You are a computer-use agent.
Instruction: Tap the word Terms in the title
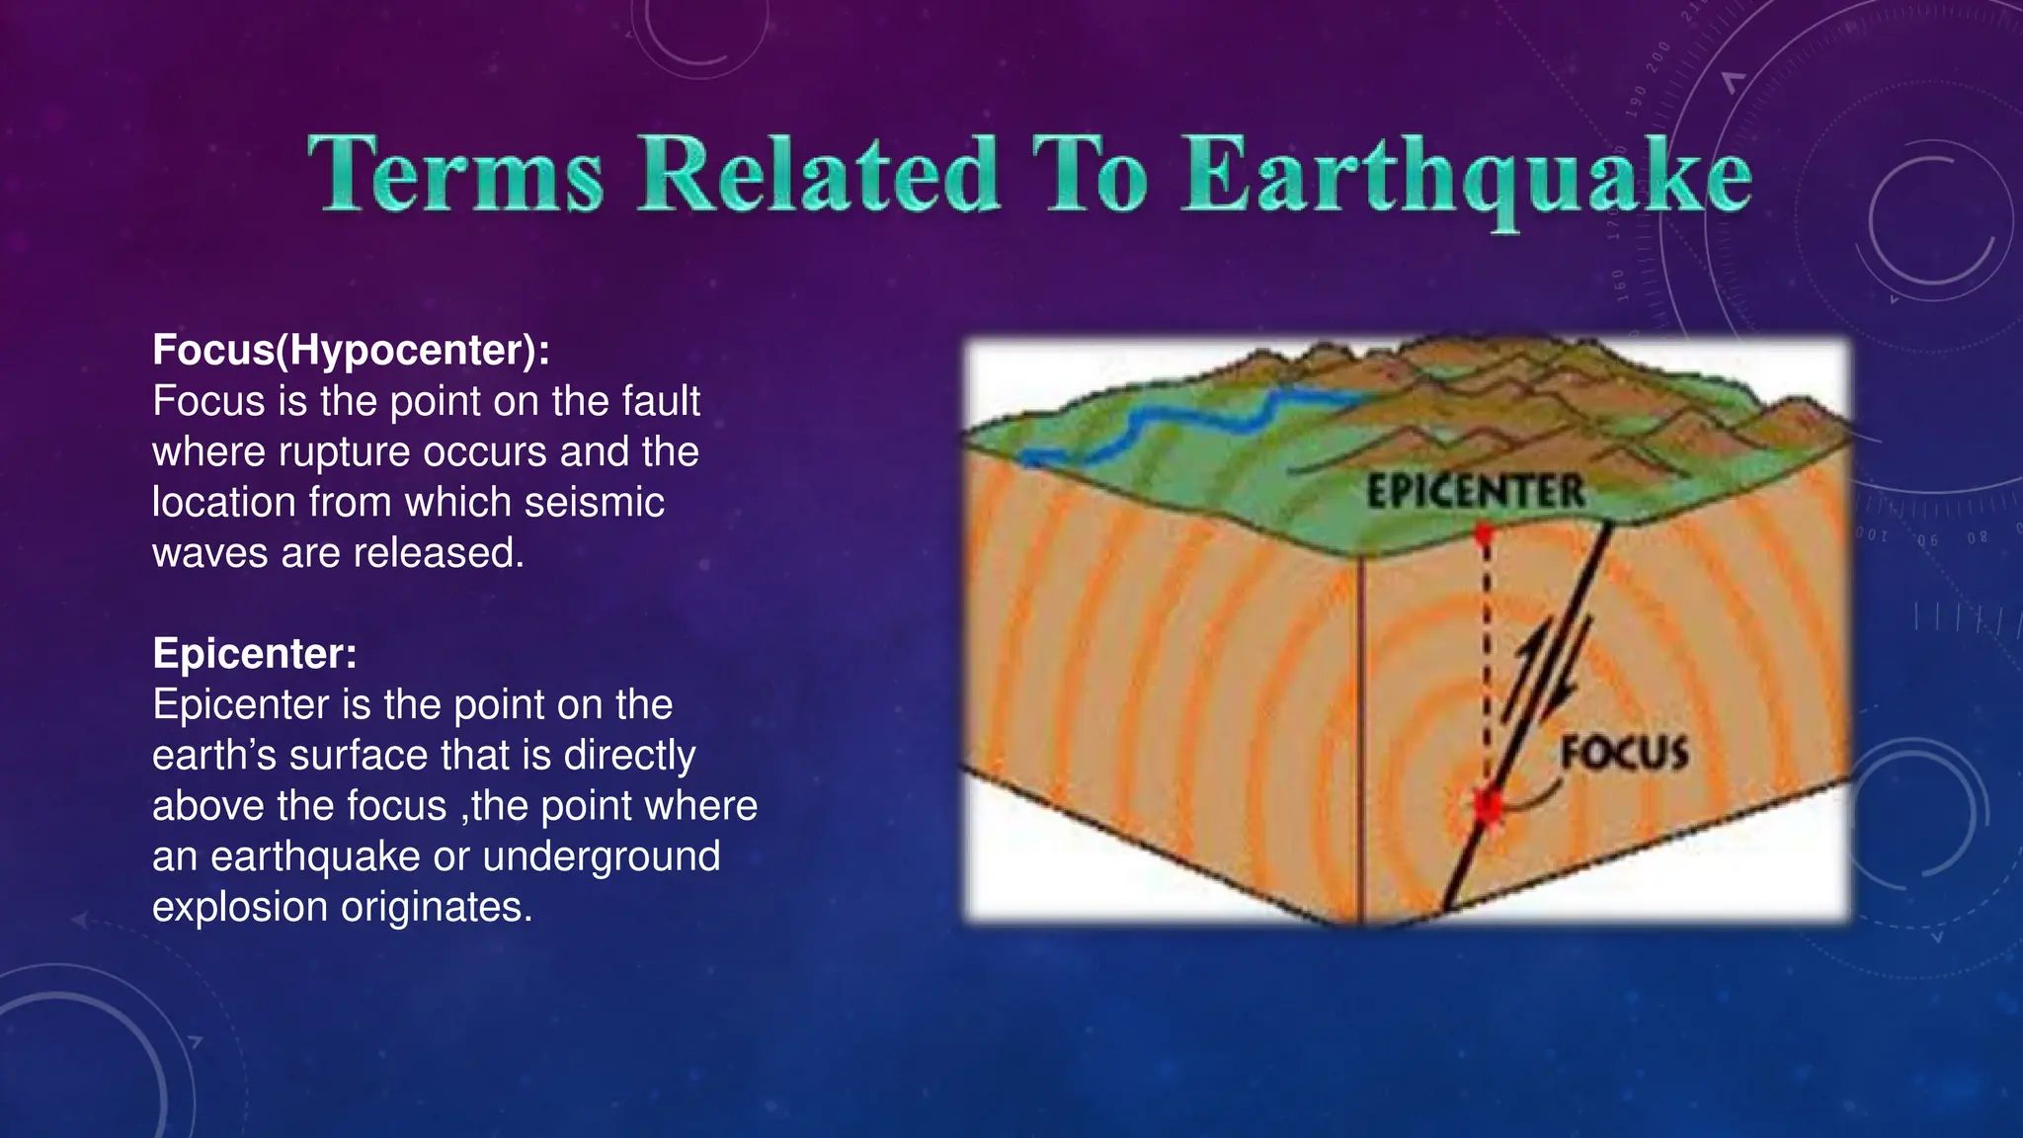coord(455,176)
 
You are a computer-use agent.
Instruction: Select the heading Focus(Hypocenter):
coord(351,350)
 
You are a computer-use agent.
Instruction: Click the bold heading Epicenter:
coord(255,653)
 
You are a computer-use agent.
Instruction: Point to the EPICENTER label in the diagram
coord(1475,492)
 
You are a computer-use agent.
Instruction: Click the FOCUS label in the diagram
coord(1625,754)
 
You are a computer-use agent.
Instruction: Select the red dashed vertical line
coord(1485,662)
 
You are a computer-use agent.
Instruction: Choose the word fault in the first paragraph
coord(668,402)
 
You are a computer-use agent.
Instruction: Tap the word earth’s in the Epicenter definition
coord(213,756)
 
